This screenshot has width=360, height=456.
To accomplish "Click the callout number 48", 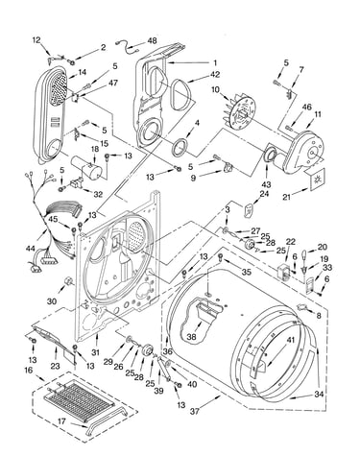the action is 152,41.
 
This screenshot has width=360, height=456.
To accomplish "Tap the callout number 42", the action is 215,74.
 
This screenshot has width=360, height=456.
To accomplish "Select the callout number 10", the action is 215,89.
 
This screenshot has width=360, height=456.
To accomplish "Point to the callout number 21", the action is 286,197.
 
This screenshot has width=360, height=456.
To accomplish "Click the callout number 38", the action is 192,336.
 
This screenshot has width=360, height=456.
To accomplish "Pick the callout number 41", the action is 290,340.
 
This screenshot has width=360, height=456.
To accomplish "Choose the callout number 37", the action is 194,411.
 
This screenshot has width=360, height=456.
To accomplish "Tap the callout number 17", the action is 61,421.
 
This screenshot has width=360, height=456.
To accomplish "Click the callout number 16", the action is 29,371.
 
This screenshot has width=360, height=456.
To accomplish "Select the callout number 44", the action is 30,248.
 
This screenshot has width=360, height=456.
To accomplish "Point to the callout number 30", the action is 52,301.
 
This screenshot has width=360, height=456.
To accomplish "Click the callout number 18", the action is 95,149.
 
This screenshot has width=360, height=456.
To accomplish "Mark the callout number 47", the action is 113,83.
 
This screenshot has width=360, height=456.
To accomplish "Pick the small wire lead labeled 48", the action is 126,47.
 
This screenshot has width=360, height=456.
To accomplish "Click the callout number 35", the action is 247,272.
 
